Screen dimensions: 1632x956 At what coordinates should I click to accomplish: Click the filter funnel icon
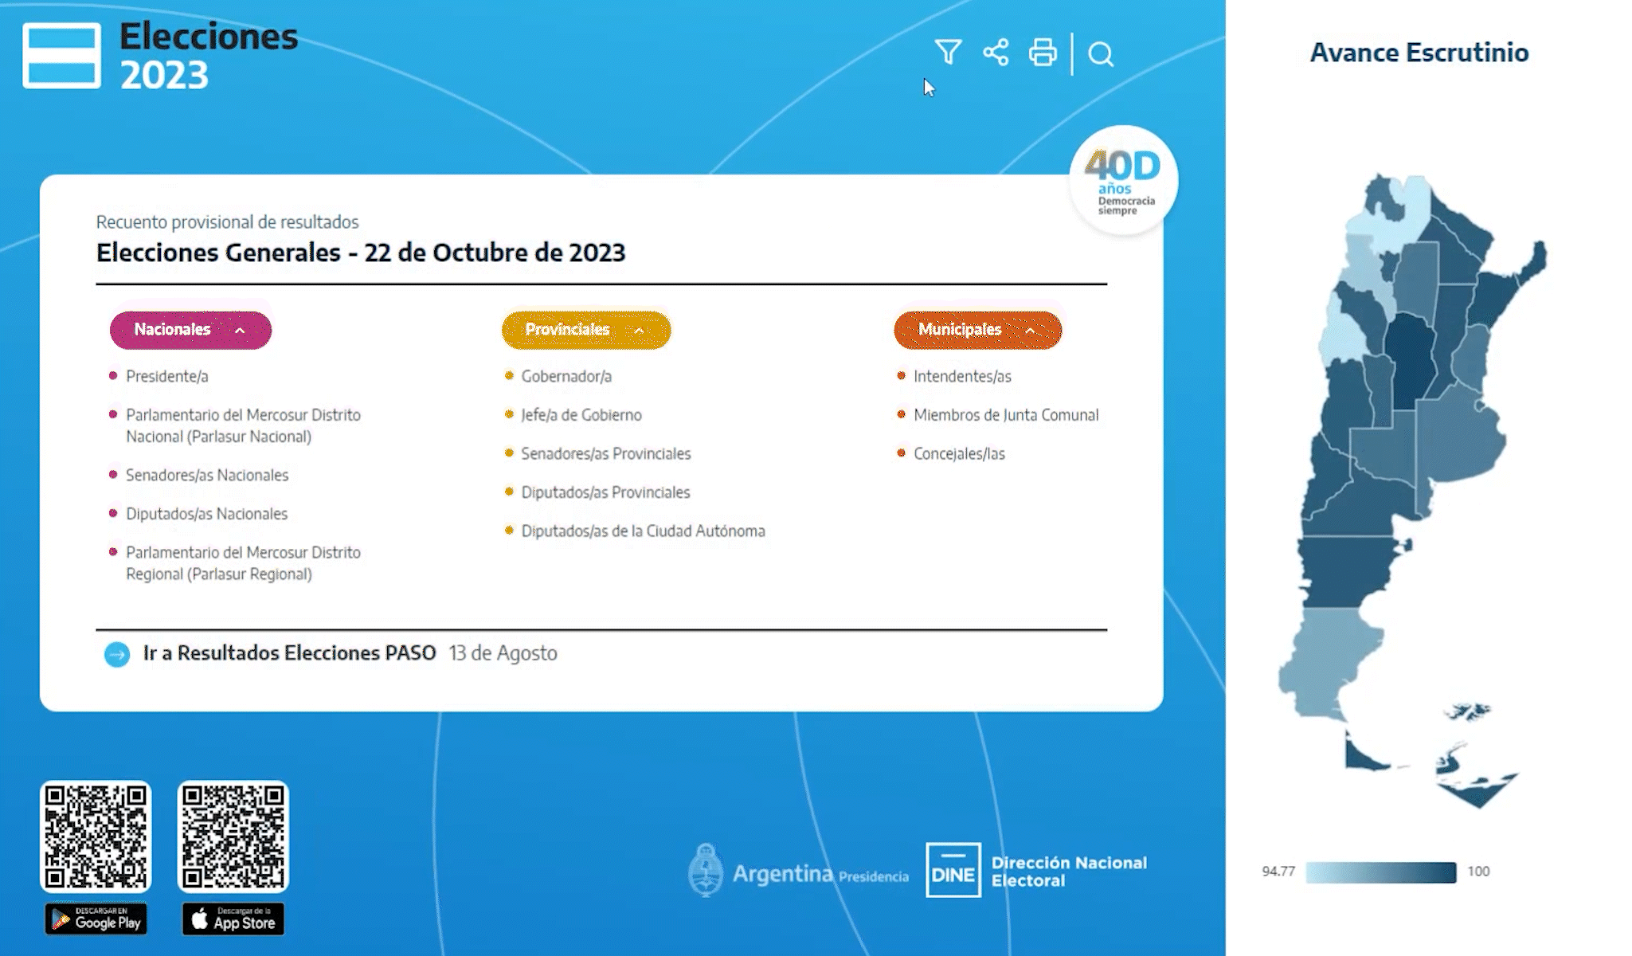948,52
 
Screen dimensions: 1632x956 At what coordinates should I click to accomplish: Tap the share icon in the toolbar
996,53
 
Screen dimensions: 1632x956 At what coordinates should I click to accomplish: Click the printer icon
1043,53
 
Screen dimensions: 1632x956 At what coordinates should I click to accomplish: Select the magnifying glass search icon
1101,54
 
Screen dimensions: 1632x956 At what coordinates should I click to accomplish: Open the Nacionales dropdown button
190,330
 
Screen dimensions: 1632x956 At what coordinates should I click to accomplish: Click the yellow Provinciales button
586,330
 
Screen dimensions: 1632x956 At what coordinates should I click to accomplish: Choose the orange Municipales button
978,330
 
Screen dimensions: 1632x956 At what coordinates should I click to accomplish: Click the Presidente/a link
167,376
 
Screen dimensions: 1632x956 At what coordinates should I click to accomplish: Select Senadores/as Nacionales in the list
207,475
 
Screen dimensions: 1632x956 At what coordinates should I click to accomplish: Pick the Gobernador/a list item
566,376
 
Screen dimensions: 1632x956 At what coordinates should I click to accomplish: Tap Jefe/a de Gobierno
581,415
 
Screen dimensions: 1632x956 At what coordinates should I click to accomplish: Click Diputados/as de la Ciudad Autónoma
643,531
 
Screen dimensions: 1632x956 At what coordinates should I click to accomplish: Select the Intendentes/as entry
962,376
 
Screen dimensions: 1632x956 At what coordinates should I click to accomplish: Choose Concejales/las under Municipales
959,454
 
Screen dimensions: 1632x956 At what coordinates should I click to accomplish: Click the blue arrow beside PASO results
117,654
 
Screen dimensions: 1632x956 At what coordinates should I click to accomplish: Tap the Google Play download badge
96,919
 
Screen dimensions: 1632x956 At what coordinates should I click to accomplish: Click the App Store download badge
233,919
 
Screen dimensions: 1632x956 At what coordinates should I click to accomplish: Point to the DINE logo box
953,870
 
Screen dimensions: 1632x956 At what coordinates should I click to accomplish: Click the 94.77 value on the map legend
1278,872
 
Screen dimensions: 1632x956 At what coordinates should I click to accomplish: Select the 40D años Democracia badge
1123,180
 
